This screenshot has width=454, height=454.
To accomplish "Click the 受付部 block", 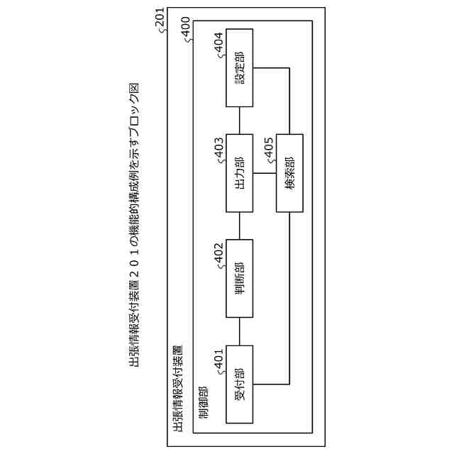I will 239,385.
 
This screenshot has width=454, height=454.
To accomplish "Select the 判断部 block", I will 239,279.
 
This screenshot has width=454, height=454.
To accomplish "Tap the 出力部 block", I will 239,173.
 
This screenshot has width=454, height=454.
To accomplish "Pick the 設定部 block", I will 239,68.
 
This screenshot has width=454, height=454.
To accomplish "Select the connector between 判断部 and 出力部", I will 239,226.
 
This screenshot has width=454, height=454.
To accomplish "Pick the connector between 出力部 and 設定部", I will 239,121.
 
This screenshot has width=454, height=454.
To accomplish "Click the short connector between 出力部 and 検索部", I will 264,173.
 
